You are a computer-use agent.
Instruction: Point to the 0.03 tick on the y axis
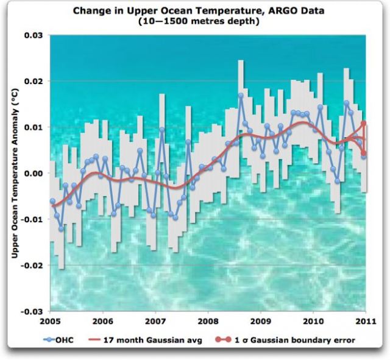point(35,35)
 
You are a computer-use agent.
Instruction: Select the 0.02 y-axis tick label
point(35,81)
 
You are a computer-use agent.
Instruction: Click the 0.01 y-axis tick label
point(35,127)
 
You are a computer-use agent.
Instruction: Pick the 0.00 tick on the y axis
point(35,173)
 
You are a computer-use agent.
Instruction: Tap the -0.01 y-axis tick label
point(34,219)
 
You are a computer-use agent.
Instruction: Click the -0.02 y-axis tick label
point(34,265)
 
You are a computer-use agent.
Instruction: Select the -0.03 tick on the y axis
point(34,311)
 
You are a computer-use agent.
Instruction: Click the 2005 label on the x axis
point(51,320)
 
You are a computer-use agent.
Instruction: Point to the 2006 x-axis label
point(103,320)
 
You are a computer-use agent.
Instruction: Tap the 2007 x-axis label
point(155,320)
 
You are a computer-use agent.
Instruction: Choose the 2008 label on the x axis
point(208,320)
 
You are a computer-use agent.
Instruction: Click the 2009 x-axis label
point(261,320)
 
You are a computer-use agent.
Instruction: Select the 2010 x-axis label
point(313,320)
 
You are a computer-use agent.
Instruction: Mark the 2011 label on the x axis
point(365,320)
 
